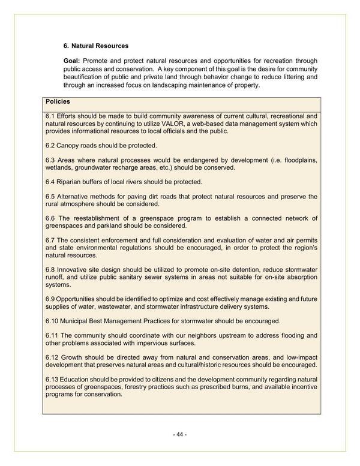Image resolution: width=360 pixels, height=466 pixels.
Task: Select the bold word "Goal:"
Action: (x=72, y=61)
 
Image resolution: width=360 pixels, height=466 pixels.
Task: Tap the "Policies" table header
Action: (x=58, y=102)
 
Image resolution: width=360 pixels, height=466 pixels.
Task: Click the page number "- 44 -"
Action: (x=180, y=434)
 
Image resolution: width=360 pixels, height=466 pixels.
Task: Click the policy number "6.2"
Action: (x=51, y=146)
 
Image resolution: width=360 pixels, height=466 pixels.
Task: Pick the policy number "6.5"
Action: (x=51, y=197)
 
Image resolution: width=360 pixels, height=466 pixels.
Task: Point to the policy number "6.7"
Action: (x=51, y=240)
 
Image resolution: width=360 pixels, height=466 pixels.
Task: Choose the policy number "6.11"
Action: (x=53, y=335)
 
